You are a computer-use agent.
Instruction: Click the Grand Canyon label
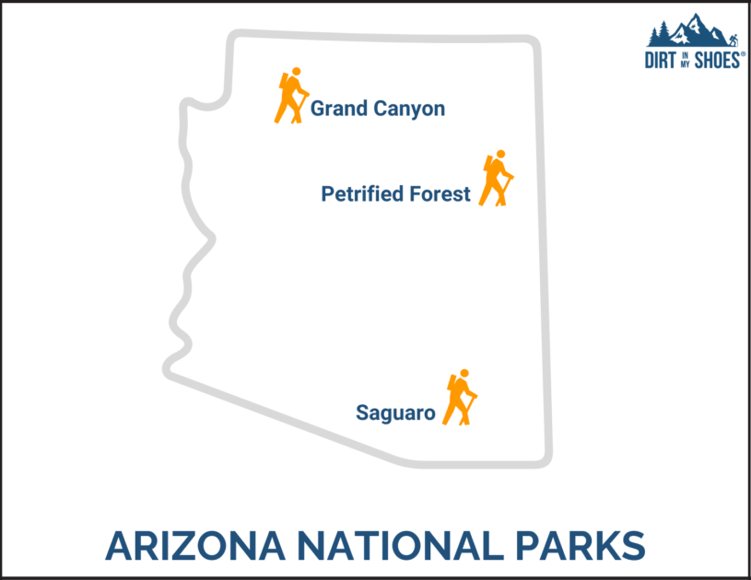click(377, 109)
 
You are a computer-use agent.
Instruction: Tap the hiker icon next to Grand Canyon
click(291, 96)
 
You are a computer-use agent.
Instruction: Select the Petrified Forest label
click(395, 194)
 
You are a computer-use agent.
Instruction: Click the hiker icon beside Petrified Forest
click(497, 179)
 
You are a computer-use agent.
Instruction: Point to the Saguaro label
click(395, 413)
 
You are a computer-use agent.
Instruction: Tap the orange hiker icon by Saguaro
click(461, 397)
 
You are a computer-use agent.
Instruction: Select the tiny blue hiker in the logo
click(733, 40)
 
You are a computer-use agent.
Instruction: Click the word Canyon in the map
click(409, 109)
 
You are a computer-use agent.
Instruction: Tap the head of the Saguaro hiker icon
click(464, 374)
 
